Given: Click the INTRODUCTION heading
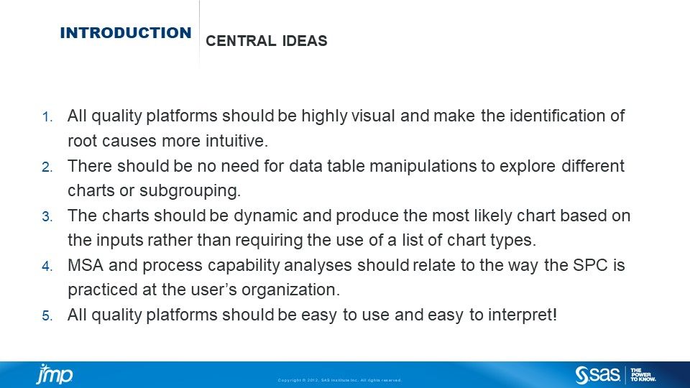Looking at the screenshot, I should pyautogui.click(x=126, y=33).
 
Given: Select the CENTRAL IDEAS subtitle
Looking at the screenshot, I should pyautogui.click(x=266, y=41).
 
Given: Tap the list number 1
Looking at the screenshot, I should pyautogui.click(x=47, y=116).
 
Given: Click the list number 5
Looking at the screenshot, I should pyautogui.click(x=47, y=316).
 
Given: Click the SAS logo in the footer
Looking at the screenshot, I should pyautogui.click(x=599, y=374).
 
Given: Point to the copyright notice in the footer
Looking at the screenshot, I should pyautogui.click(x=339, y=380).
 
